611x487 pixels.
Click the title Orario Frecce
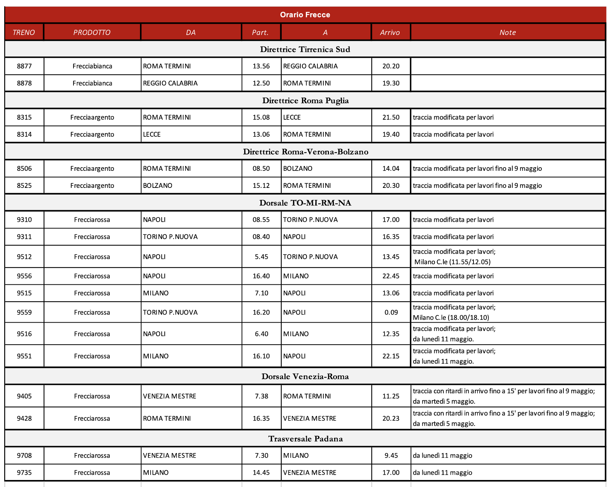point(305,15)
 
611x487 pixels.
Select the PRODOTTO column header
point(92,33)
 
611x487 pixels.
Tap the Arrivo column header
point(390,33)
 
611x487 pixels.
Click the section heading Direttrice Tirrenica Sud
point(305,49)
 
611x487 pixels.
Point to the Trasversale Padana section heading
point(305,439)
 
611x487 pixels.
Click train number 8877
point(24,66)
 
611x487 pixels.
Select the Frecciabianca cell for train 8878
point(92,83)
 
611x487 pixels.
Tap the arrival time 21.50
point(391,117)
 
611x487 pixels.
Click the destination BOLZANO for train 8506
point(297,168)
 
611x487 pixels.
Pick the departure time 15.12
point(261,185)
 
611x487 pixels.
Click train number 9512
point(24,257)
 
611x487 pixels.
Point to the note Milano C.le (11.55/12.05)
point(452,262)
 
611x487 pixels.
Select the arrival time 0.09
point(391,312)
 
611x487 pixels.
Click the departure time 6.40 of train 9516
point(261,334)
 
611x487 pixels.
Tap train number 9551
point(24,356)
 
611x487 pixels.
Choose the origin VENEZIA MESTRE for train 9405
point(169,396)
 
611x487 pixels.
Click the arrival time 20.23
point(391,418)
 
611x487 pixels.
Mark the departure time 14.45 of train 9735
point(261,473)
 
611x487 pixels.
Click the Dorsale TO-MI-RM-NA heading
point(305,203)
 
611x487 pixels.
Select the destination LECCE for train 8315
point(292,117)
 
